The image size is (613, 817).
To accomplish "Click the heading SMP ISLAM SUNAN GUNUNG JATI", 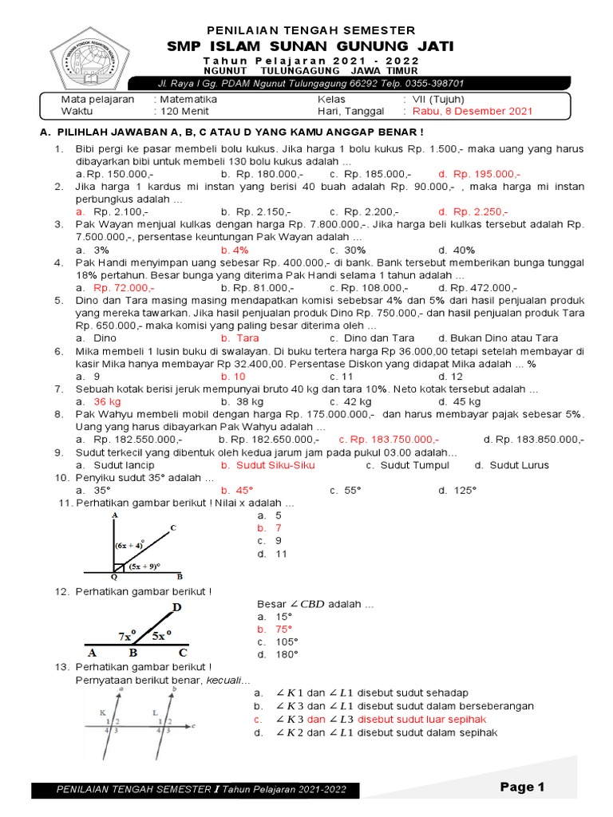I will (310, 47).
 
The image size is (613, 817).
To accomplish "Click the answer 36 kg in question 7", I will (107, 401).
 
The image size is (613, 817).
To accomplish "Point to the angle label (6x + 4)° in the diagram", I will (130, 545).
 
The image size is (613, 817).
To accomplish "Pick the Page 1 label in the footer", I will (522, 787).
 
